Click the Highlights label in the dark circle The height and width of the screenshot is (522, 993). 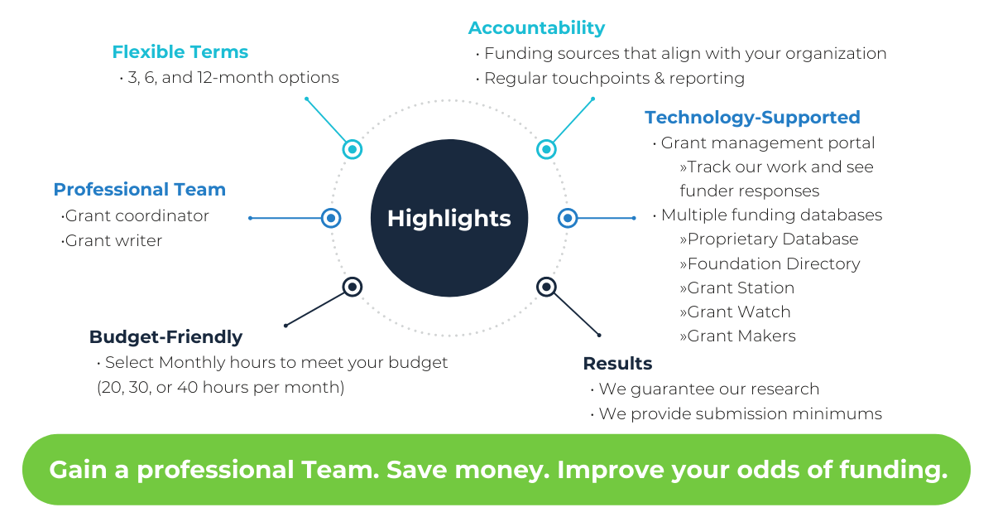coord(449,220)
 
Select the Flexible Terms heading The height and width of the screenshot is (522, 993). coord(180,52)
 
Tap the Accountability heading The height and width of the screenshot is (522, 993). coord(536,28)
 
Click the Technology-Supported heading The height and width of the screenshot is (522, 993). coord(752,118)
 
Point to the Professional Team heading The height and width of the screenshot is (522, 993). coord(140,190)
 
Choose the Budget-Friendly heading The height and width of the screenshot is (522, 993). coord(165,337)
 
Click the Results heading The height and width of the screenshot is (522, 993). coord(617,364)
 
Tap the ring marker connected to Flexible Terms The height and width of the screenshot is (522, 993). coord(353,150)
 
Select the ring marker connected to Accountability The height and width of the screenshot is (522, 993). coord(546,150)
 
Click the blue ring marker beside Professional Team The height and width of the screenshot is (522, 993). coord(331,218)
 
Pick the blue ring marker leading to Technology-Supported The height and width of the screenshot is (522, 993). coord(568,218)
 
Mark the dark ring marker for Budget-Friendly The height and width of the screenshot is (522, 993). coord(353,287)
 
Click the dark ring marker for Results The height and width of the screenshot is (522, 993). coord(546,287)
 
